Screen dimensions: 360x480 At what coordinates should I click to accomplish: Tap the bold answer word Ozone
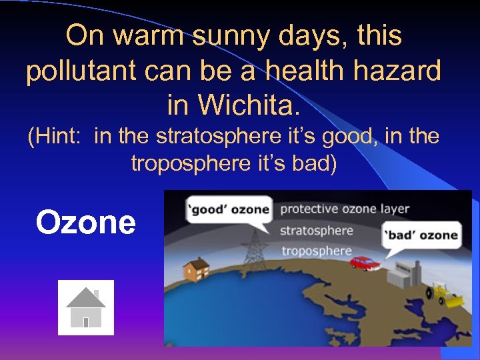pos(85,222)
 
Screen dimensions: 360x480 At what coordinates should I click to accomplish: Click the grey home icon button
pos(86,307)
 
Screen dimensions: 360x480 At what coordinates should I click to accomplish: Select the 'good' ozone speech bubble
pos(228,209)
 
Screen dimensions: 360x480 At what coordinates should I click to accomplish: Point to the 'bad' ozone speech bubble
pos(421,235)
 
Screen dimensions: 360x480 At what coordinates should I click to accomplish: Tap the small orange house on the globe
pos(196,269)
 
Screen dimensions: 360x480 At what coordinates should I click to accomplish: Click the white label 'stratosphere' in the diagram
pos(316,231)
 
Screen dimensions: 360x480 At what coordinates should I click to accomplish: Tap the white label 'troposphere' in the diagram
pos(315,251)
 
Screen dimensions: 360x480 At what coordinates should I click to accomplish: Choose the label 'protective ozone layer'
pos(345,209)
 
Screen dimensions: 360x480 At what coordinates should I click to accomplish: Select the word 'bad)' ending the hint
pos(313,163)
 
